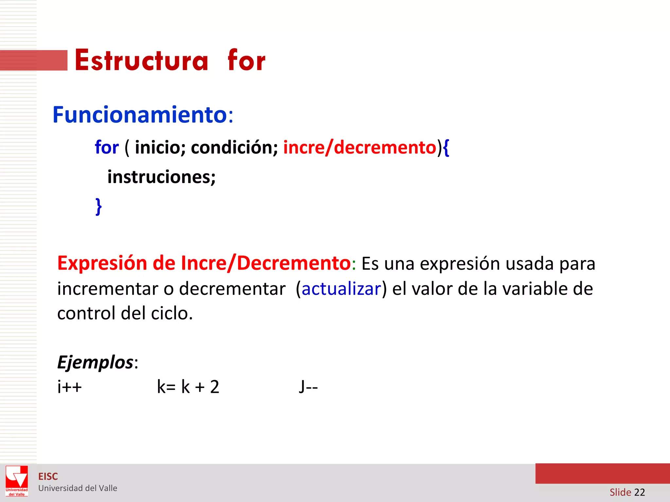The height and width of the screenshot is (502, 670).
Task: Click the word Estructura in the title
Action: point(141,60)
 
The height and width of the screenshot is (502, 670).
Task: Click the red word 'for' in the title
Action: point(246,60)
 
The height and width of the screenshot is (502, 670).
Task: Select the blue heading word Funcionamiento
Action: point(140,115)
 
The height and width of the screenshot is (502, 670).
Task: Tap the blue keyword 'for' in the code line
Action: point(107,147)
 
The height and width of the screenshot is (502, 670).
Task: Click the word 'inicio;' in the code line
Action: point(160,147)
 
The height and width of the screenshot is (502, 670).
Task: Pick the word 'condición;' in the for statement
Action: point(234,147)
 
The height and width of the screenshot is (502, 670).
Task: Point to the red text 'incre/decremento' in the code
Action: point(360,147)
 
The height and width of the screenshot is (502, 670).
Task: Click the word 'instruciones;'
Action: point(162,177)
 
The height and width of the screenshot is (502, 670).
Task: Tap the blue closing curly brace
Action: point(98,207)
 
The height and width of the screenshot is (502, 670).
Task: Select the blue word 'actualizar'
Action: point(341,289)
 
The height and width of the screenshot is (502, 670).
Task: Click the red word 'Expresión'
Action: point(102,263)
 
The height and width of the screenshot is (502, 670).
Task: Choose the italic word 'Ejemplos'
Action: point(95,362)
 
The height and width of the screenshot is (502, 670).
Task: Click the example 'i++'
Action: point(69,387)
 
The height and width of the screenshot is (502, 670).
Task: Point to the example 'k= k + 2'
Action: point(188,387)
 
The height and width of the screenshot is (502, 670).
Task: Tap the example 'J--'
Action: point(308,387)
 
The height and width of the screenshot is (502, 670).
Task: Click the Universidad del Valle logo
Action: point(17,481)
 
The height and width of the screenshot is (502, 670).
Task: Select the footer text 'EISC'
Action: point(48,477)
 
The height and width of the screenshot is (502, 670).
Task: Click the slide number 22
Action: point(639,492)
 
